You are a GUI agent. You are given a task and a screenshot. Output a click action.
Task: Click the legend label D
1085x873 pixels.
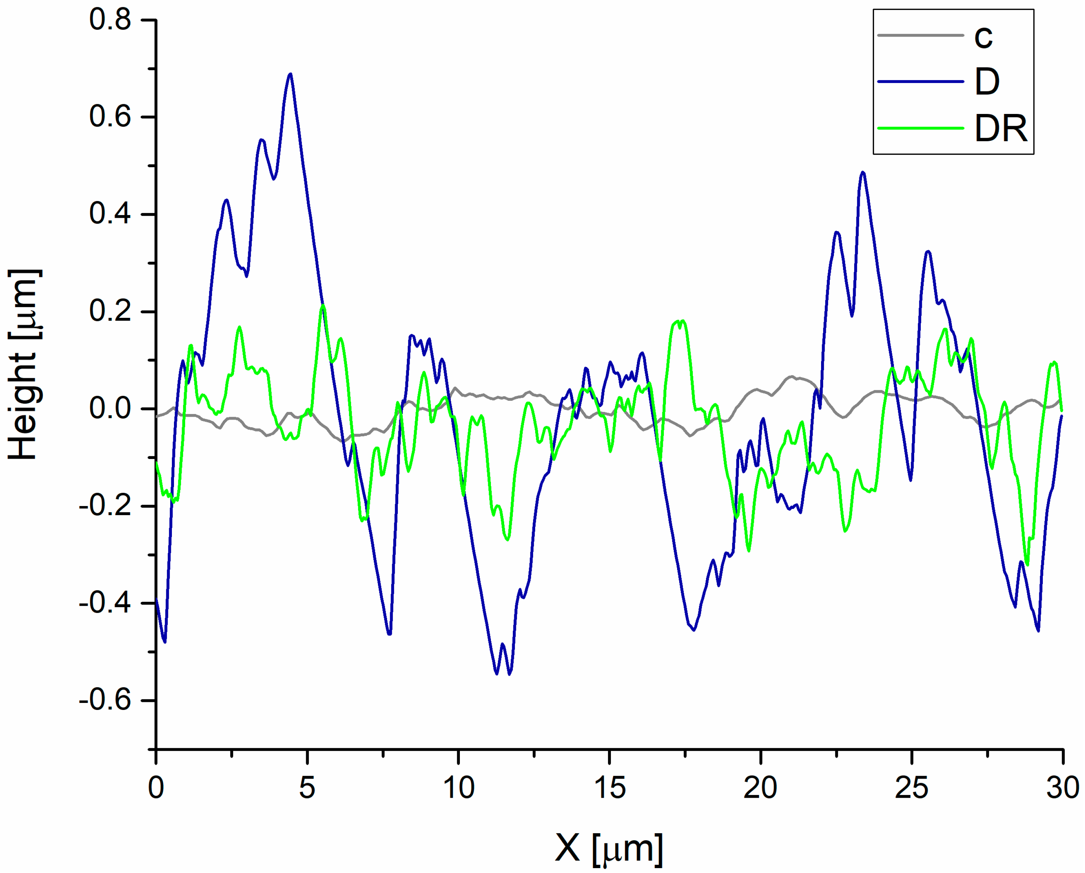pyautogui.click(x=987, y=82)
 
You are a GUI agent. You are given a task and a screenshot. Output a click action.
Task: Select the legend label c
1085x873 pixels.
pyautogui.click(x=983, y=36)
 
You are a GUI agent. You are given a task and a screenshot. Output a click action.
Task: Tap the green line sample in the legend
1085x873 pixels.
pyautogui.click(x=920, y=128)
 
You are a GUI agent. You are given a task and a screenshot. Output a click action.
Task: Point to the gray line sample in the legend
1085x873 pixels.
pyautogui.click(x=920, y=35)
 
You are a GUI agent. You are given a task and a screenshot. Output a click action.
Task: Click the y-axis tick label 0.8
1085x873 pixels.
pyautogui.click(x=110, y=20)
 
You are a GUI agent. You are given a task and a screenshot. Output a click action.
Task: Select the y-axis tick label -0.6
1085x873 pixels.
pyautogui.click(x=105, y=700)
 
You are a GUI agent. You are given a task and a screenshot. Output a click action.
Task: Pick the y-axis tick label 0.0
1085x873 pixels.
pyautogui.click(x=110, y=408)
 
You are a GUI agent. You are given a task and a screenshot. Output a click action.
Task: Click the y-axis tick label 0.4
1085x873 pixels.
pyautogui.click(x=110, y=214)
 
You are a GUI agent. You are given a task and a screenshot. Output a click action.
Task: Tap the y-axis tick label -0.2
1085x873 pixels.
pyautogui.click(x=105, y=506)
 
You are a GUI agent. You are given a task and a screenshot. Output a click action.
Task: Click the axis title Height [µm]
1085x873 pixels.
pyautogui.click(x=24, y=365)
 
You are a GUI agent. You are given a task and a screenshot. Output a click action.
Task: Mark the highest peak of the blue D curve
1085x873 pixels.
pyautogui.click(x=290, y=75)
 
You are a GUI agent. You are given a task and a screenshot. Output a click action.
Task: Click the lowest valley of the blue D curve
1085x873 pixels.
pyautogui.click(x=509, y=674)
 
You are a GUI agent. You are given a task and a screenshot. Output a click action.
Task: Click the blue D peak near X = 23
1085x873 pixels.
pyautogui.click(x=863, y=173)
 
